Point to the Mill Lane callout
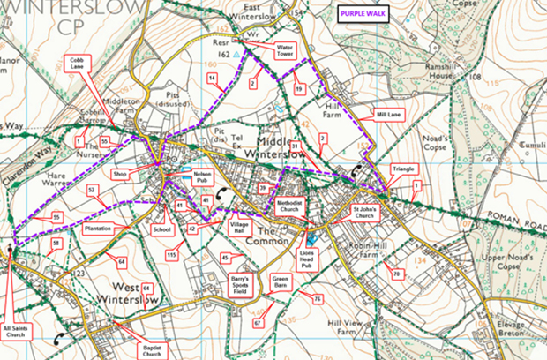(387, 115)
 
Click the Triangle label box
(403, 168)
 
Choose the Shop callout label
(121, 175)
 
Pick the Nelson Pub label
(203, 177)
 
